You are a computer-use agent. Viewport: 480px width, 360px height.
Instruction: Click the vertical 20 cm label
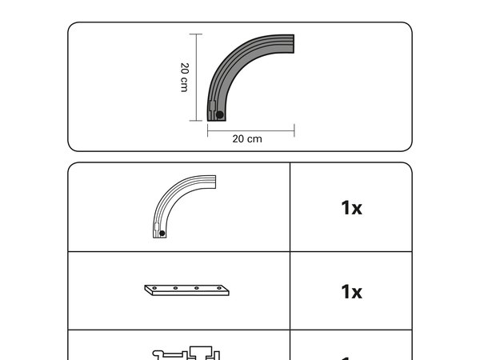(184, 78)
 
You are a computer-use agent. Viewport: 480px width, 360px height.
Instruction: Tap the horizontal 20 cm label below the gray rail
(247, 139)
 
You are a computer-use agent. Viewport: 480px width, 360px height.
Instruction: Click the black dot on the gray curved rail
(219, 114)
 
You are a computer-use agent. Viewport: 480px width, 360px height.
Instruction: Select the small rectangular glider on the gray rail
(213, 106)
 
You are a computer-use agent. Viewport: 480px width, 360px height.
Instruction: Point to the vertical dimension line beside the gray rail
(196, 78)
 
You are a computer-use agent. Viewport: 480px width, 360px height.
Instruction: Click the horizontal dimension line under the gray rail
(251, 131)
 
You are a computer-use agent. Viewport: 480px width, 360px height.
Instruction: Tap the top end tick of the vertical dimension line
(196, 34)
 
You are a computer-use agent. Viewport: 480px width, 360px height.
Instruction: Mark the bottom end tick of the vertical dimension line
(196, 121)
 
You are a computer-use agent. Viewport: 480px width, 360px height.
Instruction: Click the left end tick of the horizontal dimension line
(207, 130)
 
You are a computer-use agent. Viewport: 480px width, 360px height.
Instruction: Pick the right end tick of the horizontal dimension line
(294, 130)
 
